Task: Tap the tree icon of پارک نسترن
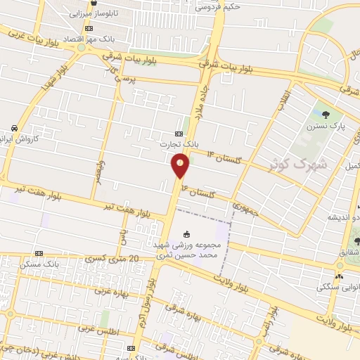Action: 324,115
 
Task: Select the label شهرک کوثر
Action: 299,163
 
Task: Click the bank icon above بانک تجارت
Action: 179,134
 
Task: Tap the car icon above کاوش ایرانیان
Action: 14,128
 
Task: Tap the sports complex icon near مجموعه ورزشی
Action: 186,234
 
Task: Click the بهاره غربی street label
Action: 102,296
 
